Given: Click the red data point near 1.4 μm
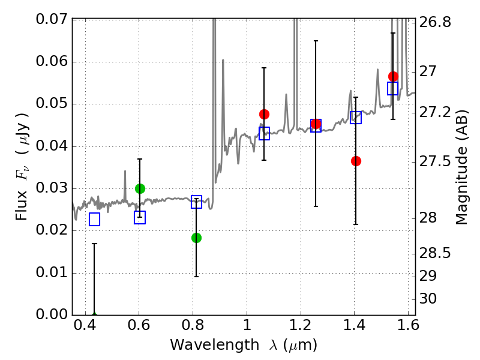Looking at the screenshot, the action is coord(356,161).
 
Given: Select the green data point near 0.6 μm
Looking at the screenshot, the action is coord(140,188).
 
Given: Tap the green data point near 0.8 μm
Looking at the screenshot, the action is coord(197,238).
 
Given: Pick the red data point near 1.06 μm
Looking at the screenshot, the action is coord(264,115).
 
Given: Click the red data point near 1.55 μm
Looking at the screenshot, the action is coord(394,77).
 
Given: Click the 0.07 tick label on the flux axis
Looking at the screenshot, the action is coord(52,19).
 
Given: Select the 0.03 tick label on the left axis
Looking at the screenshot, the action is coord(52,188).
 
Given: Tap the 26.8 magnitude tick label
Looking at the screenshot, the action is coord(434,22).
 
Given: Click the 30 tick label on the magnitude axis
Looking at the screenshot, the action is coord(428,298).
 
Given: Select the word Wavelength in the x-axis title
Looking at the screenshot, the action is coord(215,345).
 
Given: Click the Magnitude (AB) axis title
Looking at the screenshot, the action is coord(462,167).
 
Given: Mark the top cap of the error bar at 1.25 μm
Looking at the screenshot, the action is coord(316,41).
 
